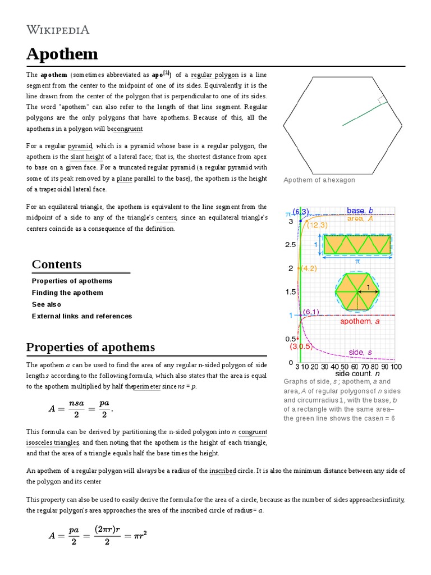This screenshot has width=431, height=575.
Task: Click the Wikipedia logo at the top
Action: coord(57,29)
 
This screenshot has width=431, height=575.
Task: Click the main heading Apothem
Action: coord(62,54)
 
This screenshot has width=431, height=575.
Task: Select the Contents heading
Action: coord(56,264)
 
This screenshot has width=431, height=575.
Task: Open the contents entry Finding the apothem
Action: coord(67,293)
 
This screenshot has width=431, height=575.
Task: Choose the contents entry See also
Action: coord(47,304)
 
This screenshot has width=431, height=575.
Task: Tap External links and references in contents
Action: coord(82,316)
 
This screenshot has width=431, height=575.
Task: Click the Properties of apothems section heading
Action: coord(90,347)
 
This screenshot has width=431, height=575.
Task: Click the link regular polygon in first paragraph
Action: coord(215,75)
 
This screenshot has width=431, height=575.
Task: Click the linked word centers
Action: coord(167,218)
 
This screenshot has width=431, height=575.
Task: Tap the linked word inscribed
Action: coord(222,471)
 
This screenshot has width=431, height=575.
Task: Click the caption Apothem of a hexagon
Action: coord(319,180)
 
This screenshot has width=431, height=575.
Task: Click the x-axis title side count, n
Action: coord(357,373)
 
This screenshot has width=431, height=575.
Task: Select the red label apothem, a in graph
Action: coord(360,321)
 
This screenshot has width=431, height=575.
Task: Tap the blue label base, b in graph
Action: coord(359,211)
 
